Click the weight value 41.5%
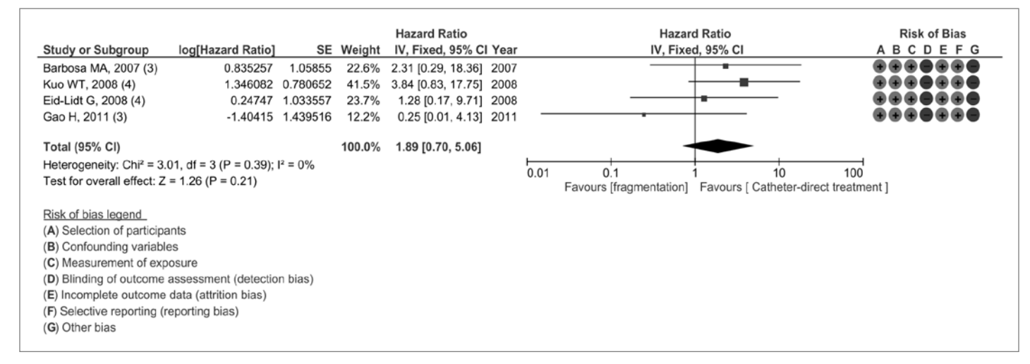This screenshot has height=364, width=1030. [x=365, y=82]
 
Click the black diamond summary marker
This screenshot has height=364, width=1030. [x=718, y=146]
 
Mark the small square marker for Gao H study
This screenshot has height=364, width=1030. [x=643, y=114]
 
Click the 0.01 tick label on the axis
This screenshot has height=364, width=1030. [x=536, y=173]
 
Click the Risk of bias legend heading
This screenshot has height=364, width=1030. [x=82, y=214]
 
